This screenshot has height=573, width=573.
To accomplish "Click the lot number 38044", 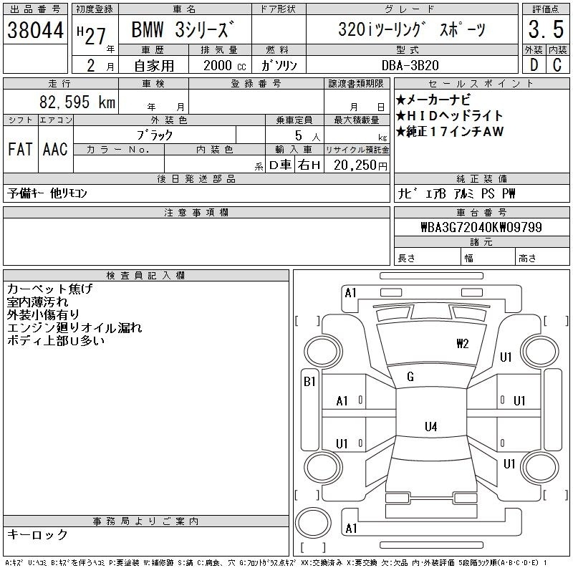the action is (x=35, y=30).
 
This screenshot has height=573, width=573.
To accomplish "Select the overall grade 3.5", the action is (x=546, y=29).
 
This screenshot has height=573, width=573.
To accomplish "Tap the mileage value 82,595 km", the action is (x=77, y=102).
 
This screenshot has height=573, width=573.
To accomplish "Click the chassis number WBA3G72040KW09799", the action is (x=481, y=227).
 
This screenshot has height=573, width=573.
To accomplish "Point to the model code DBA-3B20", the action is (x=410, y=65).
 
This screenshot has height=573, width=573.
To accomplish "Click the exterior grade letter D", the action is (x=534, y=65).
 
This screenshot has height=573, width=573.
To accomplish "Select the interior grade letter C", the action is (x=557, y=65).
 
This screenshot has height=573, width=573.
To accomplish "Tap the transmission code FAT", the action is (x=20, y=149).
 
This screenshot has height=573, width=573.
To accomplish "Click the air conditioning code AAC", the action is (x=55, y=149).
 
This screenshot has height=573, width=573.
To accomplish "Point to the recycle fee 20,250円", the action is (x=360, y=165).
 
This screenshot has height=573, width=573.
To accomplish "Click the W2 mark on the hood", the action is (x=462, y=344).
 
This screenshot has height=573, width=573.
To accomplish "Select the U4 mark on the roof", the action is (x=431, y=426).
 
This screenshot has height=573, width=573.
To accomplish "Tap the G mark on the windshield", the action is (x=410, y=377).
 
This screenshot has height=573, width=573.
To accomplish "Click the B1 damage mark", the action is (x=309, y=382).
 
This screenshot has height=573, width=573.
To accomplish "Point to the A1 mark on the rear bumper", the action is (x=351, y=529).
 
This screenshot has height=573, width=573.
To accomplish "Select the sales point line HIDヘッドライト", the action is (x=450, y=116).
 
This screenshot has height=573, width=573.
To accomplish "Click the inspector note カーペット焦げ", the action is (x=50, y=289).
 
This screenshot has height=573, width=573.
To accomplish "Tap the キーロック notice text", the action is (x=38, y=534).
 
